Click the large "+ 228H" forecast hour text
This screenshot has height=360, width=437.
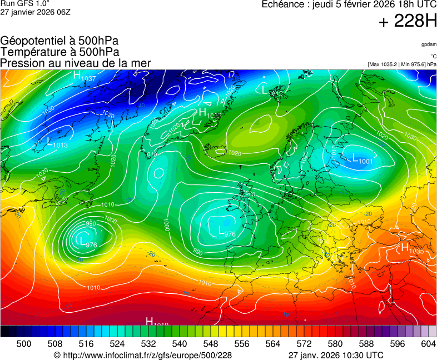tap(408, 22)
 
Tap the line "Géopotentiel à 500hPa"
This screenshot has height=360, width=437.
tap(59, 41)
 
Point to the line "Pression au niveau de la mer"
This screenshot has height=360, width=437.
tap(76, 63)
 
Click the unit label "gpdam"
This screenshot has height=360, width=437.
tap(428, 44)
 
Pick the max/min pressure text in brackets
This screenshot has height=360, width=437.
tap(402, 64)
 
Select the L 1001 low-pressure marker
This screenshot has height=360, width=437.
tap(363, 159)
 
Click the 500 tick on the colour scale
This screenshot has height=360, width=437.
tap(24, 344)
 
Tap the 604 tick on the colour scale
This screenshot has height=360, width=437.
tap(428, 344)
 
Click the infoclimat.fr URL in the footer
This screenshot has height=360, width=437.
tap(142, 355)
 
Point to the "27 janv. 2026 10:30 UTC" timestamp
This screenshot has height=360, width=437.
tap(336, 355)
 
